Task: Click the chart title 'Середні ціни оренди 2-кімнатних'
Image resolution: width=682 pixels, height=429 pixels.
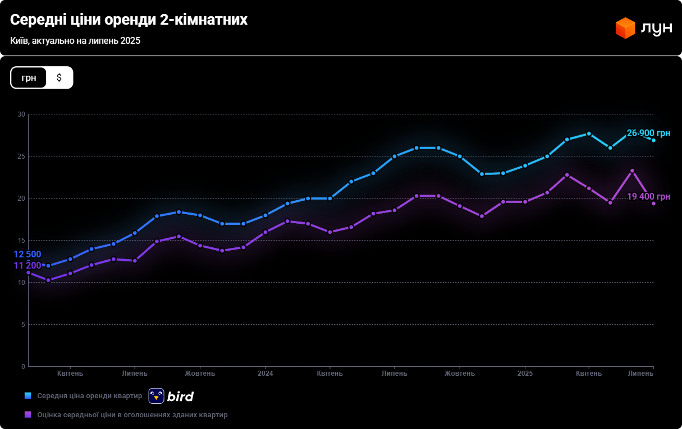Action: tap(129, 20)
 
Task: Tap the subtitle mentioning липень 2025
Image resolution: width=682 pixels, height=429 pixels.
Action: tap(75, 41)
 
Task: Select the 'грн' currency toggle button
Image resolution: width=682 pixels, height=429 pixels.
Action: tap(29, 77)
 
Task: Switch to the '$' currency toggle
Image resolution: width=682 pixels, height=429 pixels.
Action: tap(59, 77)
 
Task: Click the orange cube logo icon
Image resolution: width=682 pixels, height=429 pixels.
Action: tap(625, 28)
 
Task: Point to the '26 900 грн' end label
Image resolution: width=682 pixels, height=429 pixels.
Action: tap(648, 133)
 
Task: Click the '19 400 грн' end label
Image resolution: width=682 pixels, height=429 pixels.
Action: tap(648, 197)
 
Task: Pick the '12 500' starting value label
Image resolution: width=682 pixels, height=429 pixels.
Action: tap(27, 255)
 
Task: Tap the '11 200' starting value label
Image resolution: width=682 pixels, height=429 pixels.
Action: tap(27, 265)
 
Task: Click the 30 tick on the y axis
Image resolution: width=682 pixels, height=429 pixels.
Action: tap(21, 114)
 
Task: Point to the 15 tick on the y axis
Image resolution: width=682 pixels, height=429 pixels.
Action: tap(21, 241)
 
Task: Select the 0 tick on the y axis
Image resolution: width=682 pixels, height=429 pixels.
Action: tap(23, 367)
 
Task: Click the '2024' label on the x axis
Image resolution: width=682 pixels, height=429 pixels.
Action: tap(265, 373)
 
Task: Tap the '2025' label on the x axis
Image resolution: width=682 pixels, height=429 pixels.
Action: tap(525, 373)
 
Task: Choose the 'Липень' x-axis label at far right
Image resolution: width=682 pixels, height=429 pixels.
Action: tap(640, 373)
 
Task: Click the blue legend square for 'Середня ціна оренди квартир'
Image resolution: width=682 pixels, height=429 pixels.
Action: tap(28, 396)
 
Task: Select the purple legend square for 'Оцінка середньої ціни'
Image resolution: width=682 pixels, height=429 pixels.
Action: tap(28, 415)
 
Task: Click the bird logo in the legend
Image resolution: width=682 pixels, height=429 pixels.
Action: tap(171, 396)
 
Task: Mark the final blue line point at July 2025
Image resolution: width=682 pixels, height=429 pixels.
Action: tap(653, 140)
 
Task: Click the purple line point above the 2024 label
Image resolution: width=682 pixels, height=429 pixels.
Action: tap(266, 232)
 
